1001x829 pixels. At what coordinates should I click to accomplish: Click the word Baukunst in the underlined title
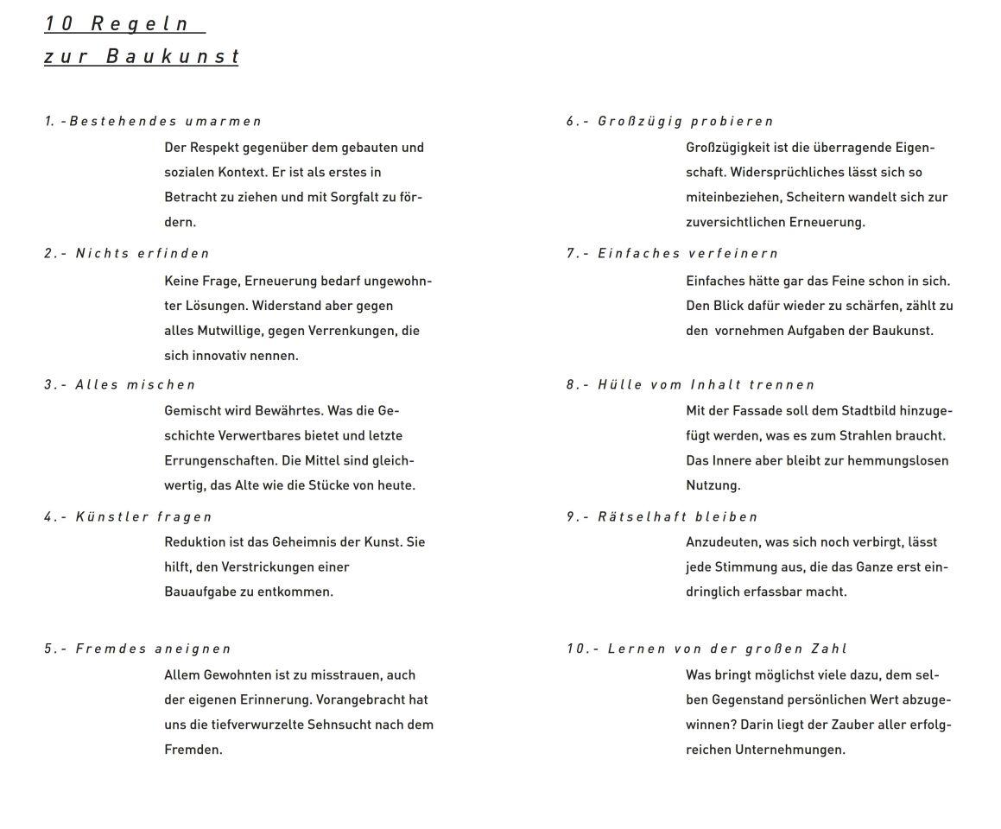pyautogui.click(x=172, y=57)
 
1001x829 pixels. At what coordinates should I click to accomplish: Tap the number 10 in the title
pyautogui.click(x=60, y=23)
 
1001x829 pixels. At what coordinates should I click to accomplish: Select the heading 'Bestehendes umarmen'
pyautogui.click(x=165, y=122)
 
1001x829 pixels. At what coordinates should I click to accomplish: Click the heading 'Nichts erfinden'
pyautogui.click(x=143, y=254)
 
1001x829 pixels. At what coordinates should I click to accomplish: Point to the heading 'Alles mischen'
pyautogui.click(x=136, y=385)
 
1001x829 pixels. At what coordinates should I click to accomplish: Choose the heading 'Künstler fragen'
pyautogui.click(x=143, y=517)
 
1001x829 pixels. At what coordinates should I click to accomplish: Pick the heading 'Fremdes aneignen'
pyautogui.click(x=154, y=649)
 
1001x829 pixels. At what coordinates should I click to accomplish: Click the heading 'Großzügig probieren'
pyautogui.click(x=686, y=122)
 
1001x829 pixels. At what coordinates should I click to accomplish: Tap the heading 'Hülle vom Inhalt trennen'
pyautogui.click(x=706, y=385)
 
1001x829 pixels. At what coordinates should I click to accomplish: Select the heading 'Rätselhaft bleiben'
pyautogui.click(x=678, y=517)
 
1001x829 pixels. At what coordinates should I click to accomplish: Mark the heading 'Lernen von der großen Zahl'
pyautogui.click(x=727, y=649)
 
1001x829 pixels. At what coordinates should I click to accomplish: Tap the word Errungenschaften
pyautogui.click(x=220, y=460)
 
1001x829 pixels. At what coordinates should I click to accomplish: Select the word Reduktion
pyautogui.click(x=194, y=542)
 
